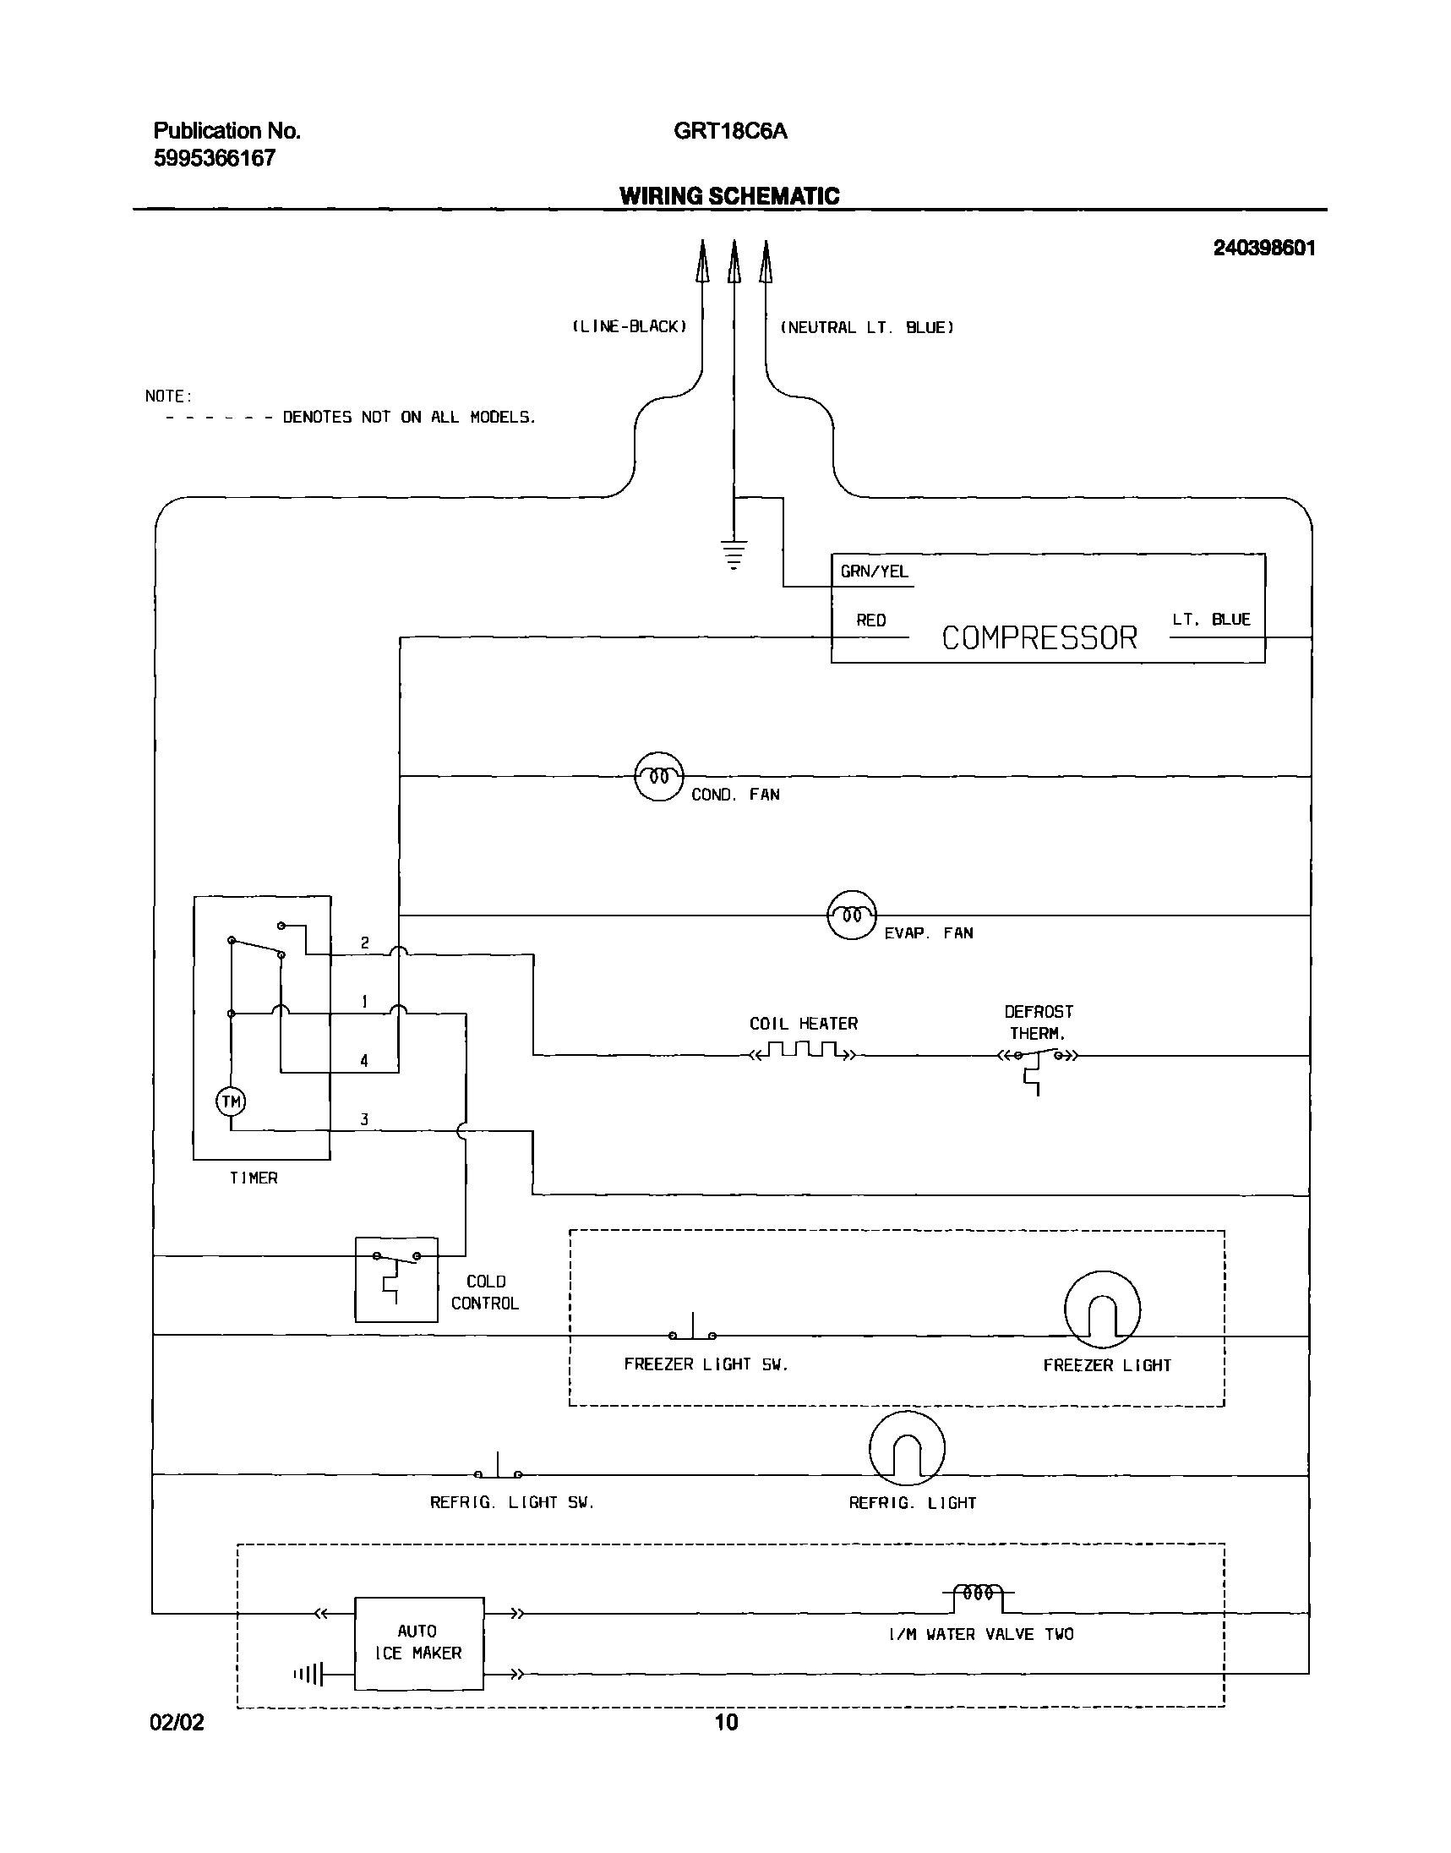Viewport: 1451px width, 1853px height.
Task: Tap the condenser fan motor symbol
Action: (x=659, y=777)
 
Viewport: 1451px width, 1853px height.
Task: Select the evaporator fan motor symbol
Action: (x=851, y=915)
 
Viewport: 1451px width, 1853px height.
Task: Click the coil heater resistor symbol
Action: (x=803, y=1052)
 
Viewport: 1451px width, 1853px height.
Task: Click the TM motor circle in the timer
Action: (x=231, y=1102)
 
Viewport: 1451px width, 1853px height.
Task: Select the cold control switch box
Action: (x=395, y=1280)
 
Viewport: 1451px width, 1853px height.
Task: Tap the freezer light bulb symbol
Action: (x=1102, y=1309)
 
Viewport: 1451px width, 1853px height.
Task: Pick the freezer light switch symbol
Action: (x=693, y=1331)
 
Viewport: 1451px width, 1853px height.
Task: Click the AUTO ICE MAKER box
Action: (x=419, y=1643)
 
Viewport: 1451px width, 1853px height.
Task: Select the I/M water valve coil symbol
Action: (x=978, y=1594)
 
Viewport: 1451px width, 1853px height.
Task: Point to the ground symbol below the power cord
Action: (x=734, y=554)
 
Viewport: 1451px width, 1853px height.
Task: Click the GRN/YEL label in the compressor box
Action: (x=874, y=571)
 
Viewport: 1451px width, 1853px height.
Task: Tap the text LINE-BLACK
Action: (x=630, y=327)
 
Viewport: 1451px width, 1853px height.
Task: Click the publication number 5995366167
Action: (x=214, y=158)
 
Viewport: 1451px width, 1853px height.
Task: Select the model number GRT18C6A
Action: (x=730, y=131)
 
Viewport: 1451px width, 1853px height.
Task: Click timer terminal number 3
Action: (x=364, y=1120)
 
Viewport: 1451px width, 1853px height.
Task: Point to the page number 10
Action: (x=727, y=1722)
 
